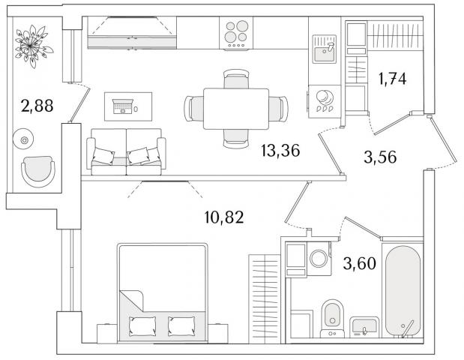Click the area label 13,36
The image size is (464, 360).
[280, 151]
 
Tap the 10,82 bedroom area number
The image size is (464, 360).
[224, 217]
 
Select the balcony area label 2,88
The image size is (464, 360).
[37, 106]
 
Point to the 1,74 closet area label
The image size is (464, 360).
[393, 79]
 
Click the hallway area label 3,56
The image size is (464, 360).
[380, 157]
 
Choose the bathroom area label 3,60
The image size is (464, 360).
[360, 263]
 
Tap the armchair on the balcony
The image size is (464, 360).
[38, 172]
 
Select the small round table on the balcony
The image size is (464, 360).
[23, 139]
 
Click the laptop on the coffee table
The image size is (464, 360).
[122, 106]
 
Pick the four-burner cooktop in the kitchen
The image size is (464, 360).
[236, 33]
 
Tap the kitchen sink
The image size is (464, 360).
[325, 49]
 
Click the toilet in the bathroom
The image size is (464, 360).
[332, 318]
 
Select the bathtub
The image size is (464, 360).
[403, 291]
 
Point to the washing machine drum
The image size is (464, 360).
[319, 258]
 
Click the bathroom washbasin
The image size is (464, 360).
[364, 327]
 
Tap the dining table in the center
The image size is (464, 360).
[236, 109]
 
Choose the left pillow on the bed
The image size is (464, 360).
[142, 326]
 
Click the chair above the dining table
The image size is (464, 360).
[236, 79]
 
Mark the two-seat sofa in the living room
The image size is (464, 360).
[127, 151]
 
